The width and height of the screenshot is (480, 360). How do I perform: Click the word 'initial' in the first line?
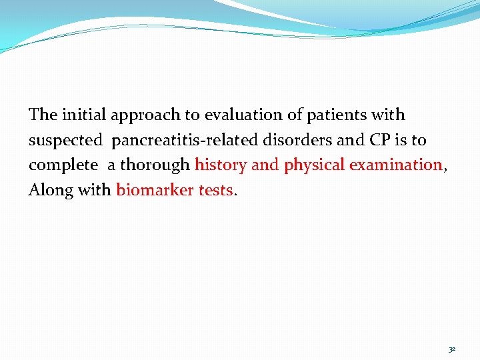coord(84,115)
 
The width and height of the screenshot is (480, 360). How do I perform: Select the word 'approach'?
coord(145,115)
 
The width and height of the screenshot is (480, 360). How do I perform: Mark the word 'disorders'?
coord(297,140)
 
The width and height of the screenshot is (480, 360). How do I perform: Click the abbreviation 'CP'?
coord(375,140)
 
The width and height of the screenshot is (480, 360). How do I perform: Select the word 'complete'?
coord(62,165)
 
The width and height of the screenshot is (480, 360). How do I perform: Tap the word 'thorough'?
coord(155,165)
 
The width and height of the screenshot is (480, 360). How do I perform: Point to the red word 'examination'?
coord(396,165)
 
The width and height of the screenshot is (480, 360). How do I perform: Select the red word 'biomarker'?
coord(155,190)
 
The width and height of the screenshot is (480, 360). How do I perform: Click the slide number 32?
coord(452,349)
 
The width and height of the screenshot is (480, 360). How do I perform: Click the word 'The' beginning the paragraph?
coord(43,115)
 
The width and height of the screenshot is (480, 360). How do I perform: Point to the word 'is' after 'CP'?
coord(401,140)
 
